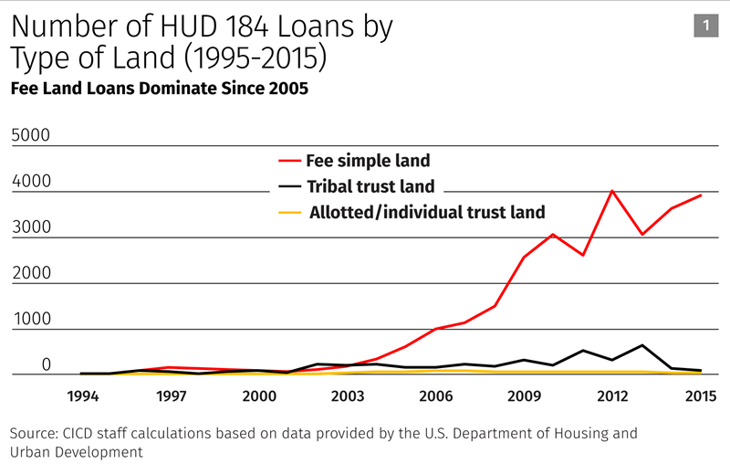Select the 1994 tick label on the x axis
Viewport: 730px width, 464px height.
coord(84,397)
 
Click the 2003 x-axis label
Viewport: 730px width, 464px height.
coord(347,397)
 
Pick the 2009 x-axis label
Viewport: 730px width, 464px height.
coord(523,397)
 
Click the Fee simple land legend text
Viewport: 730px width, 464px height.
coord(368,161)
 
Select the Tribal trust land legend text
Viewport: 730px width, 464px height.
coord(370,187)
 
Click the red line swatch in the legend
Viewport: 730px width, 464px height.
coord(289,162)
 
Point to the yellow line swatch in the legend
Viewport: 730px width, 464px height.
coord(289,214)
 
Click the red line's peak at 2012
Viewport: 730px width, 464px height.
coord(611,191)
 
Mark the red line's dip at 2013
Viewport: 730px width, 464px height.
coord(641,235)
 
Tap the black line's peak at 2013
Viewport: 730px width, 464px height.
coord(641,345)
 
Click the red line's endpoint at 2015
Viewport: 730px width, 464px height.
coord(701,195)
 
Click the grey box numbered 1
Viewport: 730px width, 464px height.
coord(705,26)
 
